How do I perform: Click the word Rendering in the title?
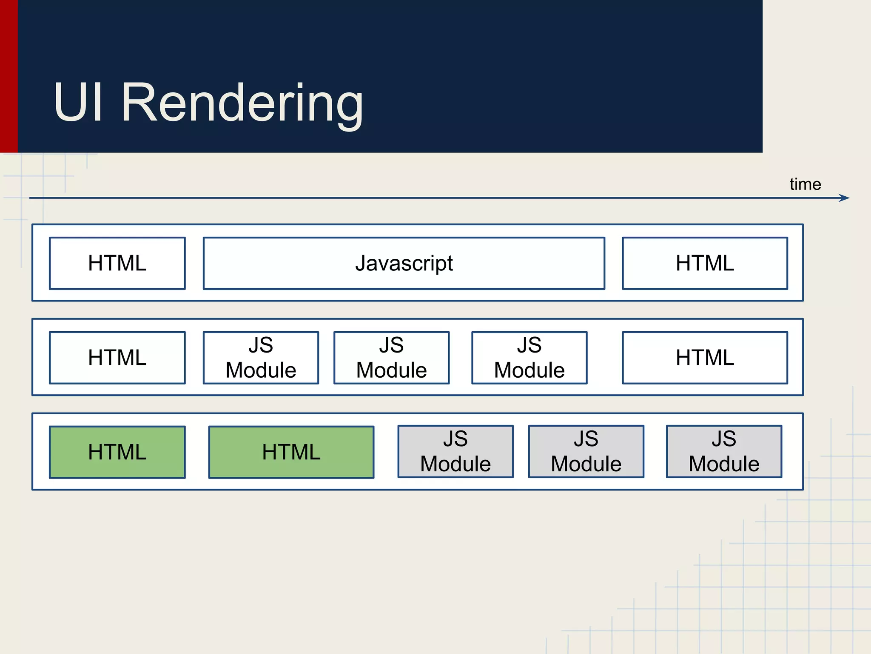pyautogui.click(x=242, y=103)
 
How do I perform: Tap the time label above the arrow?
pyautogui.click(x=805, y=184)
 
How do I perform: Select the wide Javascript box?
pyautogui.click(x=404, y=263)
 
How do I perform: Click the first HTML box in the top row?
pyautogui.click(x=117, y=263)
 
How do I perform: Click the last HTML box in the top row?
pyautogui.click(x=705, y=263)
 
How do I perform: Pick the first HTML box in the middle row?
pyautogui.click(x=117, y=358)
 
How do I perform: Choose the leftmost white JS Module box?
pyautogui.click(x=261, y=358)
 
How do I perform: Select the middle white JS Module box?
pyautogui.click(x=391, y=358)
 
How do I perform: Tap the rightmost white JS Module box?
pyautogui.click(x=529, y=358)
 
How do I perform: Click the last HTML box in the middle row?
pyautogui.click(x=705, y=358)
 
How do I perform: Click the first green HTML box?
pyautogui.click(x=117, y=452)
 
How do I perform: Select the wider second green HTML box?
pyautogui.click(x=291, y=452)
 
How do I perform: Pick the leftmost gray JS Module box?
pyautogui.click(x=455, y=452)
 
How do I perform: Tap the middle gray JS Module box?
pyautogui.click(x=586, y=452)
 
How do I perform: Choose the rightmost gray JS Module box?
pyautogui.click(x=724, y=452)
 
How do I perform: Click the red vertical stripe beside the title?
pyautogui.click(x=9, y=77)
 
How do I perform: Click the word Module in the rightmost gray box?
pyautogui.click(x=724, y=464)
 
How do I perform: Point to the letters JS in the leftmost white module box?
pyautogui.click(x=261, y=345)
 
